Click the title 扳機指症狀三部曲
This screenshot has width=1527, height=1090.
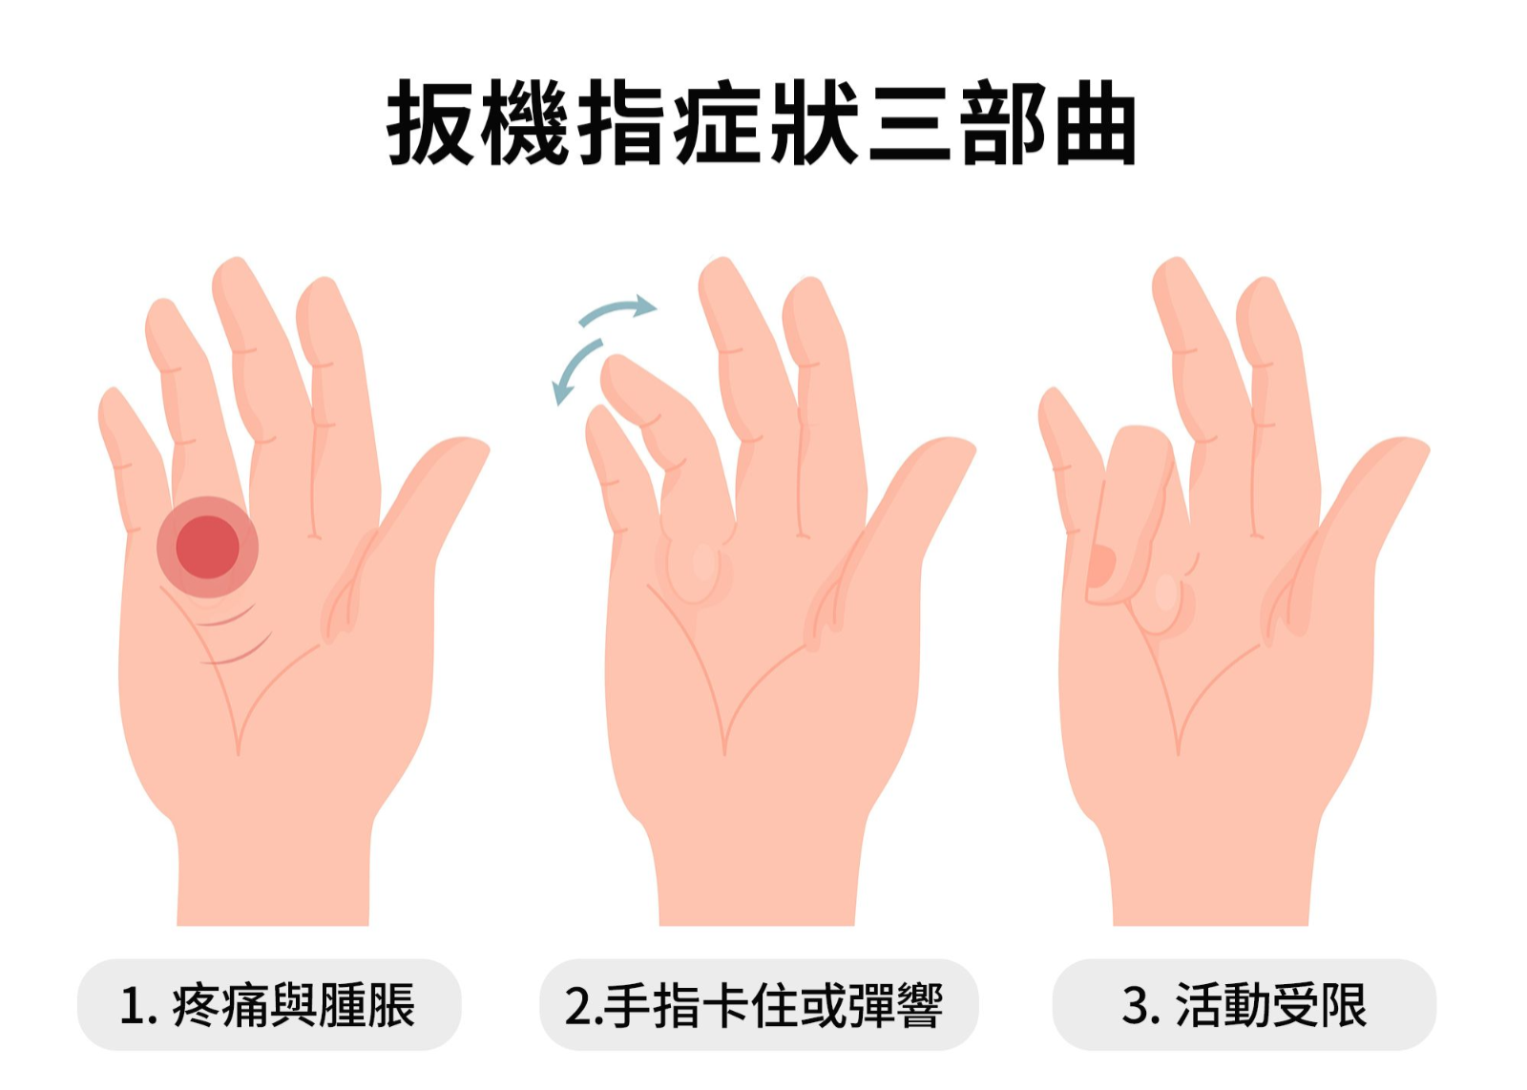762,123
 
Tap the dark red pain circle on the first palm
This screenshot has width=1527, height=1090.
207,547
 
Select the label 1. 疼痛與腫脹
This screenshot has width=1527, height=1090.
268,1005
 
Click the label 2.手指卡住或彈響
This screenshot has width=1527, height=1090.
754,1005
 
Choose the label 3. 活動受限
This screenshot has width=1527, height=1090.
1245,1005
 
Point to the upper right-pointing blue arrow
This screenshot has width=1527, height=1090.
617,309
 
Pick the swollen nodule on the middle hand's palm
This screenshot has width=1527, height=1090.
699,567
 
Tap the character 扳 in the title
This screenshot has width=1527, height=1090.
429,123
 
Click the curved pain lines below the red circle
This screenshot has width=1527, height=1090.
235,634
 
